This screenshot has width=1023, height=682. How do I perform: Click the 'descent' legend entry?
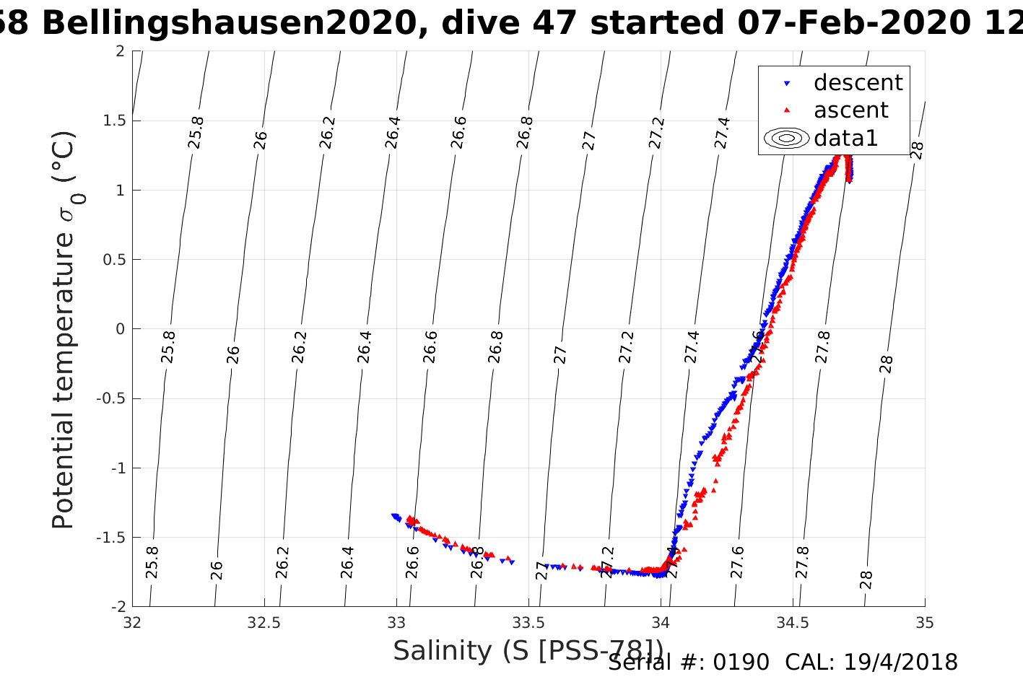(x=858, y=83)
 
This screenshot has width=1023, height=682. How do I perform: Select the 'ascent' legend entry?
(x=850, y=110)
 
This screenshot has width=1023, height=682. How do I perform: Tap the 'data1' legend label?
(x=845, y=138)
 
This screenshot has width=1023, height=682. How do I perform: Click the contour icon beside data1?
(x=786, y=138)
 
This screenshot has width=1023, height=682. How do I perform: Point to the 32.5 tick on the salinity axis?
(x=264, y=623)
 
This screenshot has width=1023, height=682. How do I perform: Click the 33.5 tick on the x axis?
(x=528, y=623)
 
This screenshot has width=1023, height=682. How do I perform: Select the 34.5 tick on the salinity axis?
(x=793, y=623)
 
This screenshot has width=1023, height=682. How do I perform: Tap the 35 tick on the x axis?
(x=924, y=623)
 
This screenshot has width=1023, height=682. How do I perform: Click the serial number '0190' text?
(x=741, y=663)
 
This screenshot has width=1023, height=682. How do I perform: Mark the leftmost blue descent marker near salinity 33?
(x=393, y=516)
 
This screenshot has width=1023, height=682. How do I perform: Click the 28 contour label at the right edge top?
(x=917, y=150)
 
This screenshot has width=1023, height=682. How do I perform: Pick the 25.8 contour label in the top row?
(x=196, y=133)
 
